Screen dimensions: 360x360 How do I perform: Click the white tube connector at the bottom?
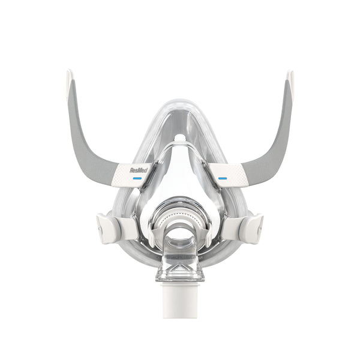[179, 298]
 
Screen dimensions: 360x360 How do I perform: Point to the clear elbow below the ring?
[179, 264]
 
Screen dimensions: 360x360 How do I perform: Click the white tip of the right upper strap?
[291, 82]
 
